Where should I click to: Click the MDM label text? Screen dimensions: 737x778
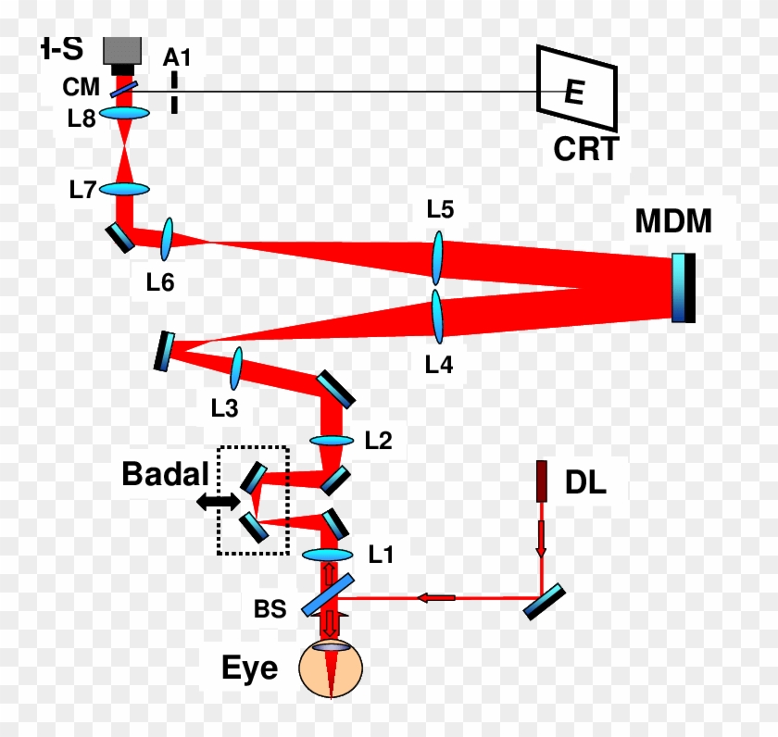click(x=673, y=222)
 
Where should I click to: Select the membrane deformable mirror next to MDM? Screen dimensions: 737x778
click(x=684, y=288)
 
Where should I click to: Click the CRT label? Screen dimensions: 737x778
click(x=585, y=149)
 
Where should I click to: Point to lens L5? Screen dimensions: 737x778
click(x=438, y=257)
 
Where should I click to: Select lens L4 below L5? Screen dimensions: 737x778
click(x=438, y=315)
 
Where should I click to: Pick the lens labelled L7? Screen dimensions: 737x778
click(x=125, y=189)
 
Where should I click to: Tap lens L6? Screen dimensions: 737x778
click(x=168, y=240)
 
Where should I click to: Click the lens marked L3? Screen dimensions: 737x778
click(x=237, y=368)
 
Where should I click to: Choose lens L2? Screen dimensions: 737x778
click(x=332, y=441)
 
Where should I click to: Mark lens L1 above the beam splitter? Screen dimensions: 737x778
click(x=328, y=555)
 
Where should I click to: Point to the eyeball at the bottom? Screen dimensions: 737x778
click(x=329, y=670)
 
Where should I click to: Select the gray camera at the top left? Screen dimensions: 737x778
click(x=122, y=55)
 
